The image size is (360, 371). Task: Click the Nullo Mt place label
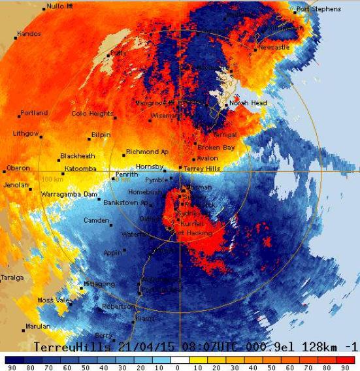pyautogui.click(x=59, y=7)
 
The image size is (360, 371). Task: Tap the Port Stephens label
pyautogui.click(x=318, y=9)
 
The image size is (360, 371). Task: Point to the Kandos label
pyautogui.click(x=29, y=33)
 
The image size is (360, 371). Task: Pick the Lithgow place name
pyautogui.click(x=26, y=133)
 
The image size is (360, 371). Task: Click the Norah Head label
pyautogui.click(x=248, y=103)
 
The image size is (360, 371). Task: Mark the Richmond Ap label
pyautogui.click(x=147, y=152)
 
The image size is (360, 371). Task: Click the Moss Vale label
pyautogui.click(x=54, y=300)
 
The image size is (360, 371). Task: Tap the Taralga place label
pyautogui.click(x=12, y=278)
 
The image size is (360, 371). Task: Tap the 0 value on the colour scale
pyautogui.click(x=177, y=367)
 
